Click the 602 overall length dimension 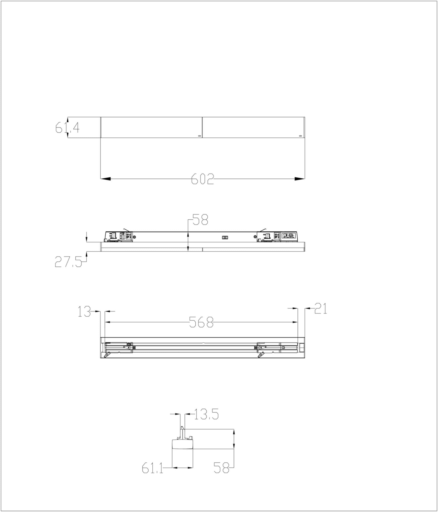click(x=202, y=179)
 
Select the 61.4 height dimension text click(x=67, y=127)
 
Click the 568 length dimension click(x=201, y=322)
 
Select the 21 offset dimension click(x=321, y=308)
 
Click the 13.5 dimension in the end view click(x=206, y=414)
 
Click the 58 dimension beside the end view click(x=221, y=467)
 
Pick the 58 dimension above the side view click(x=200, y=220)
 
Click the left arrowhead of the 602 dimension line click(x=105, y=179)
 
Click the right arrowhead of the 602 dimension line click(x=300, y=179)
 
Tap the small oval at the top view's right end click(x=300, y=136)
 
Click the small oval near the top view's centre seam click(x=200, y=136)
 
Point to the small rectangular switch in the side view click(x=225, y=237)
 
